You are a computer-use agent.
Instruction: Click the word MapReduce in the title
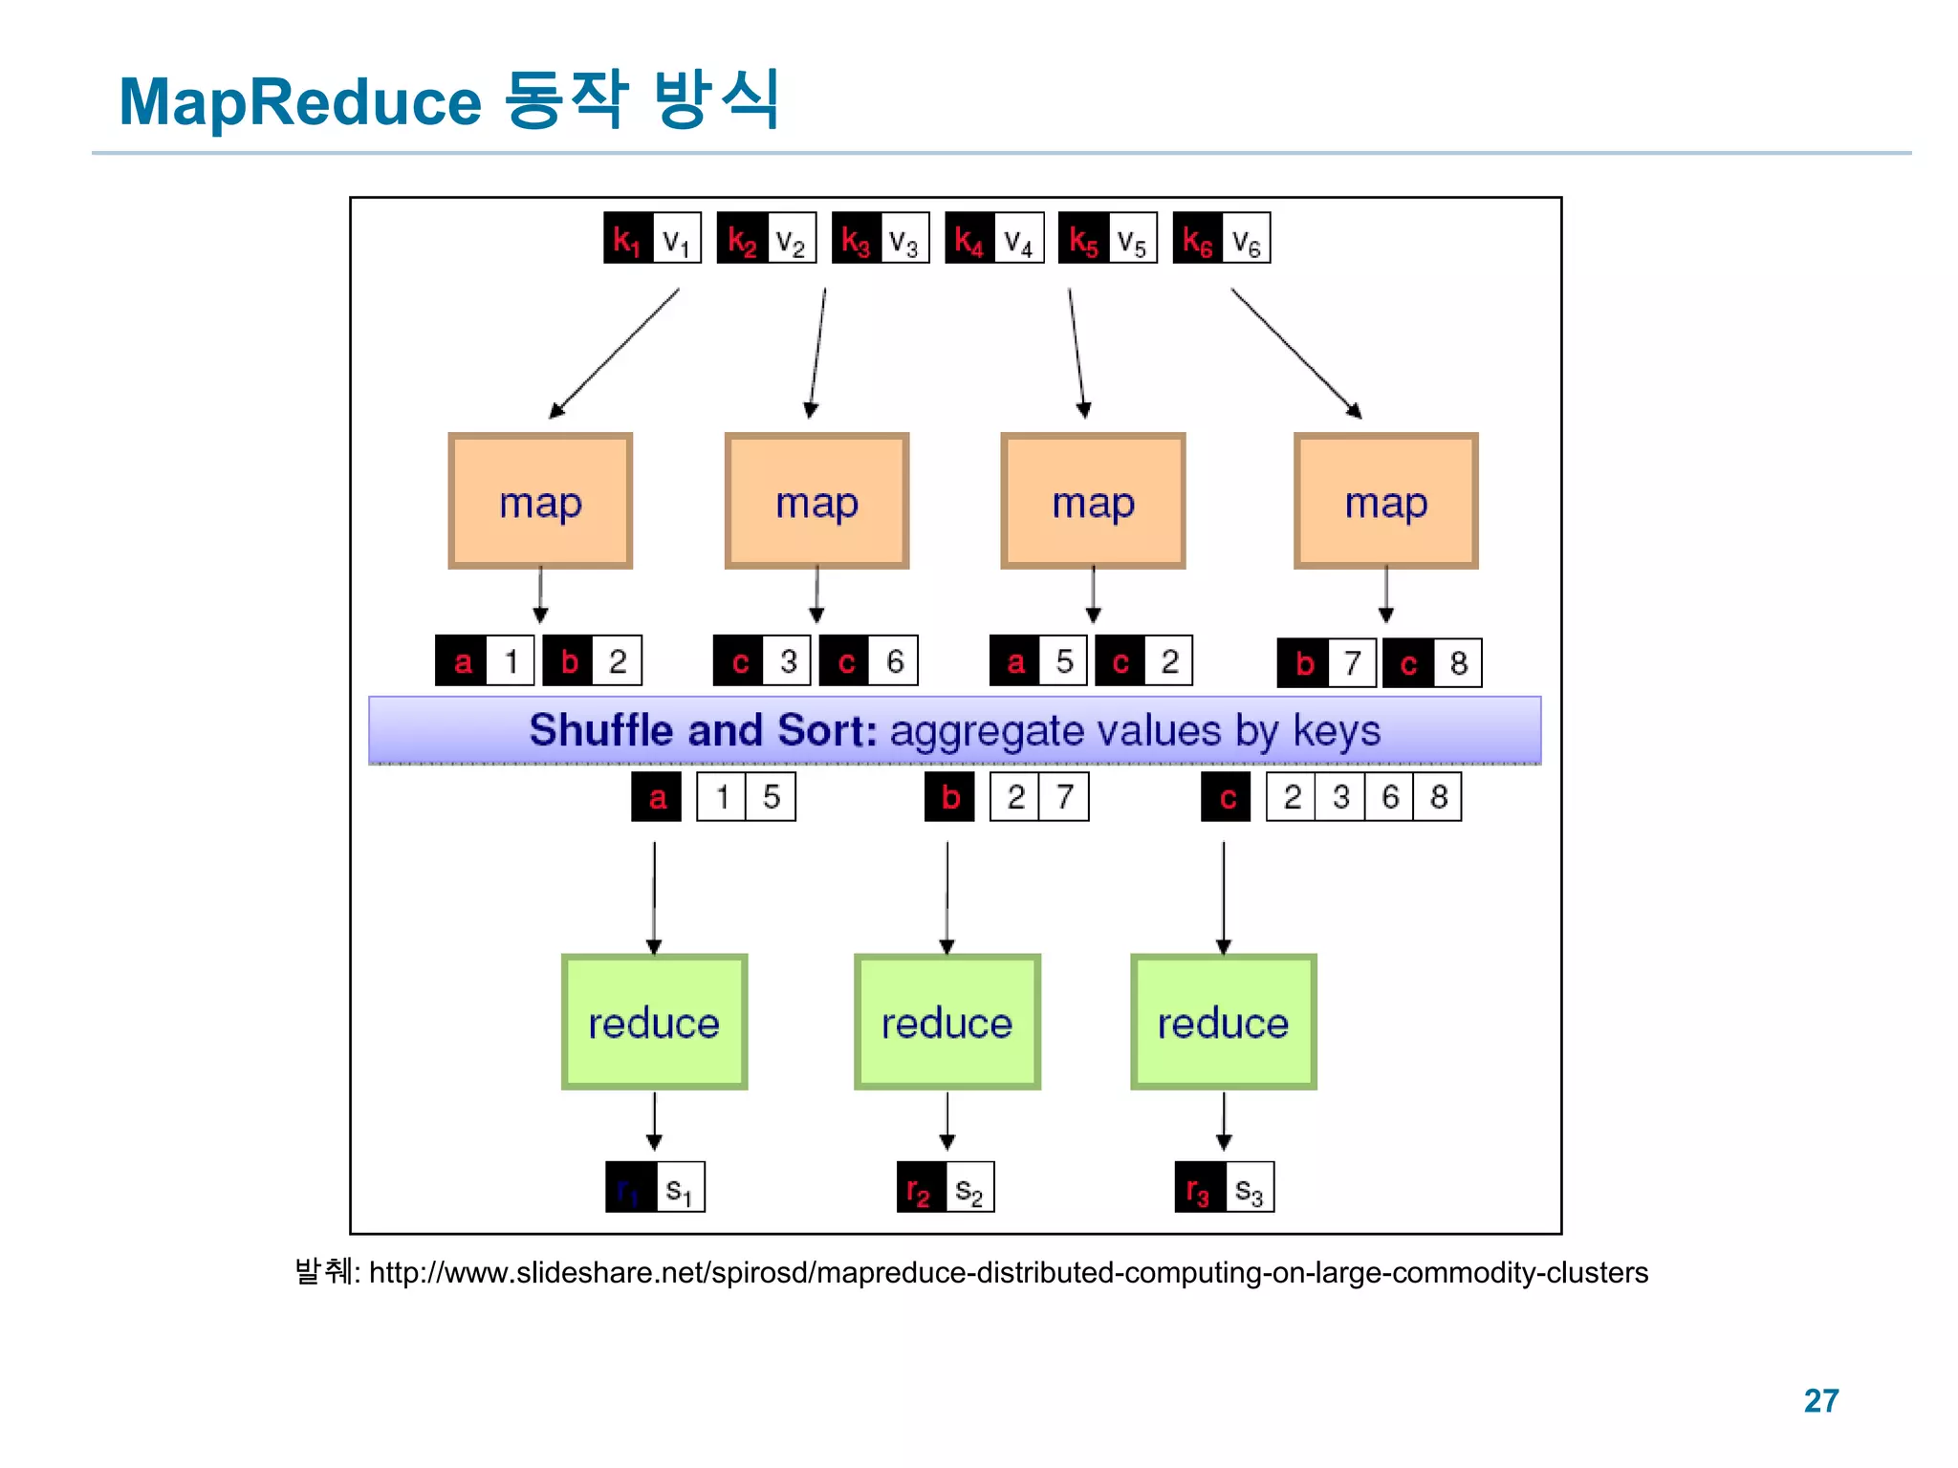point(299,102)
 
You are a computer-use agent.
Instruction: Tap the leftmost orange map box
point(540,502)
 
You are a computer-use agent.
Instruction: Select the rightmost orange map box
point(1385,502)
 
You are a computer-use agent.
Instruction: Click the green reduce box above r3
point(1223,1022)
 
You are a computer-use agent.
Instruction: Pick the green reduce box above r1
point(654,1022)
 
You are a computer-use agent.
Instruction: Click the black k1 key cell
point(628,238)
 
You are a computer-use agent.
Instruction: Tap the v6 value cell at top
point(1246,238)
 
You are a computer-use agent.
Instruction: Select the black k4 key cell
point(969,238)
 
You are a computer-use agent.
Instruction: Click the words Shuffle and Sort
point(703,730)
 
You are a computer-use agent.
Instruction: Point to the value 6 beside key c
point(894,660)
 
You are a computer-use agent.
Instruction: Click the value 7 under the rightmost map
point(1352,663)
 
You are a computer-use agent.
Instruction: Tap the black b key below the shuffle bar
point(949,797)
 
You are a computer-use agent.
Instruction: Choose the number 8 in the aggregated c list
point(1438,797)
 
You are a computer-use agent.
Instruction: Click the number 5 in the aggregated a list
point(772,797)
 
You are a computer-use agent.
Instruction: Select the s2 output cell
point(969,1188)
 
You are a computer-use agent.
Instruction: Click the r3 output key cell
point(1199,1188)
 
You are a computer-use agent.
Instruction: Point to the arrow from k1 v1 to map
point(613,354)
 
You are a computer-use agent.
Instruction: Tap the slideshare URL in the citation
point(1008,1273)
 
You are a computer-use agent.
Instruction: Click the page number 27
point(1820,1401)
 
